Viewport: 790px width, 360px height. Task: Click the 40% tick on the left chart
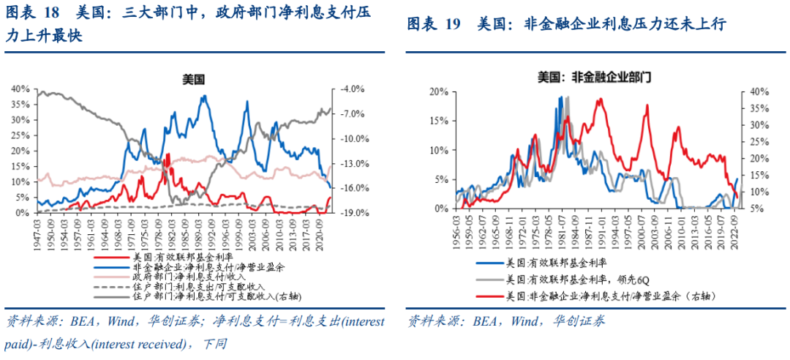pyautogui.click(x=20, y=89)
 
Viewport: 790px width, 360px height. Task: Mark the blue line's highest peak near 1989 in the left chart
pyautogui.click(x=204, y=96)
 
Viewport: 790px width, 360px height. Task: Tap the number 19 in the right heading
pyautogui.click(x=452, y=25)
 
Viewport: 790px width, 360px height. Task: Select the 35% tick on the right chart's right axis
pyautogui.click(x=759, y=108)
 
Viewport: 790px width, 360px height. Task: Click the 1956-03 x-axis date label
pyautogui.click(x=459, y=228)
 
